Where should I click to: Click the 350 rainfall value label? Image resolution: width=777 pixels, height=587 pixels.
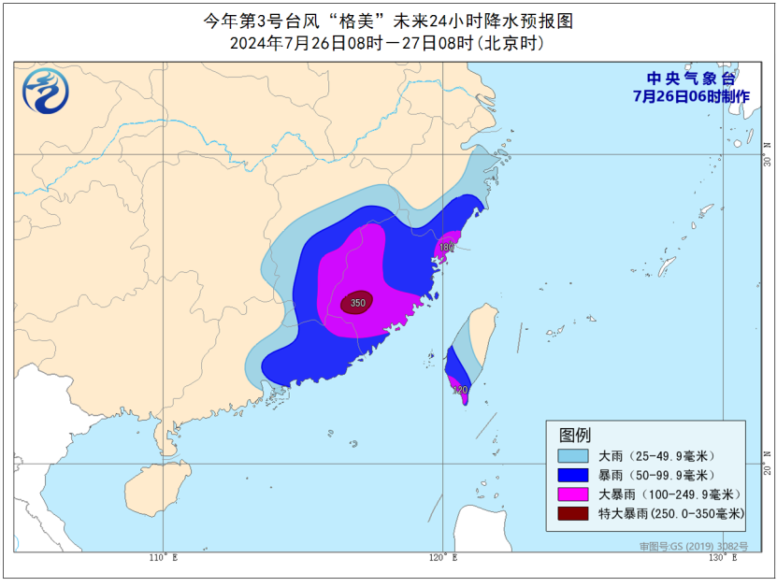[x=357, y=303]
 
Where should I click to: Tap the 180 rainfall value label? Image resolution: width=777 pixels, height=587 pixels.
[x=447, y=248]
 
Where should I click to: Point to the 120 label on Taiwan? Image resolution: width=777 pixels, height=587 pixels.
[x=459, y=390]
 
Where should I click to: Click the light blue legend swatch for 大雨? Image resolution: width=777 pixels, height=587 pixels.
[x=573, y=456]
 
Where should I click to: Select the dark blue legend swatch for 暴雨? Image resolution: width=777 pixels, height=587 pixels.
[x=573, y=475]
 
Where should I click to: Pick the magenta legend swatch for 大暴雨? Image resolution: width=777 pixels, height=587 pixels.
[x=573, y=494]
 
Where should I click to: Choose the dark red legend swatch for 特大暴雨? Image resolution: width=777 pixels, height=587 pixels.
[x=573, y=513]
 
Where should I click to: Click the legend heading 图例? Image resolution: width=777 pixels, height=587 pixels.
[x=575, y=435]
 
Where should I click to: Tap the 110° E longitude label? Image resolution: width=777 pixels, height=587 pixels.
[x=164, y=558]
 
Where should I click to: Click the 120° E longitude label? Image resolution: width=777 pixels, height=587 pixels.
[x=442, y=558]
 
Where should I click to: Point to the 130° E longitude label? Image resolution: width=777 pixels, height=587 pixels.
[x=722, y=558]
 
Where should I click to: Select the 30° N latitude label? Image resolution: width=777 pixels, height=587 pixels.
[x=766, y=152]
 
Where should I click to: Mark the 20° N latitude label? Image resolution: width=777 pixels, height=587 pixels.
[x=766, y=465]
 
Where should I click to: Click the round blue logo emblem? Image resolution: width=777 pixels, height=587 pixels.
[x=46, y=91]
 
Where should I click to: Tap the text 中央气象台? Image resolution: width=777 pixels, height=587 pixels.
[x=691, y=79]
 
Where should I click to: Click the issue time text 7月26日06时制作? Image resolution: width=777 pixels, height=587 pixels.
[x=691, y=95]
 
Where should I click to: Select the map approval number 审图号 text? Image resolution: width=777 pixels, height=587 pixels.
[x=693, y=545]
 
